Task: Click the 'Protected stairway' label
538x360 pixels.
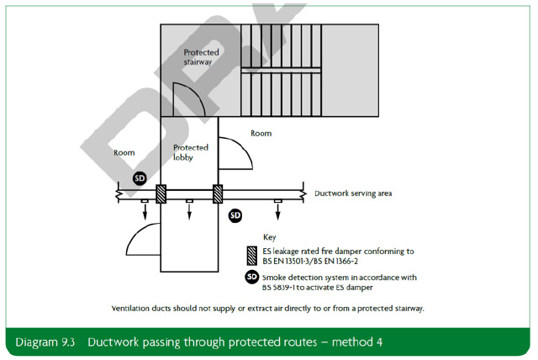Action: point(203,57)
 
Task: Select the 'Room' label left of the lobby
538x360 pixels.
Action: point(124,153)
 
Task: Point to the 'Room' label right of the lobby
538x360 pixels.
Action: point(261,134)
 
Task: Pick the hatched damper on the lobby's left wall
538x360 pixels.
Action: point(161,193)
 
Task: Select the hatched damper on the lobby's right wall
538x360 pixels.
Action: point(217,193)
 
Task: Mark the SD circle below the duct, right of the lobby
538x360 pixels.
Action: point(235,215)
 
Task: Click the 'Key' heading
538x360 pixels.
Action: point(269,237)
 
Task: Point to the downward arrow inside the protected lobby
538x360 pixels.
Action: point(189,209)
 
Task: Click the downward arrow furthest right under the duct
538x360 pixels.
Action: point(277,210)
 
